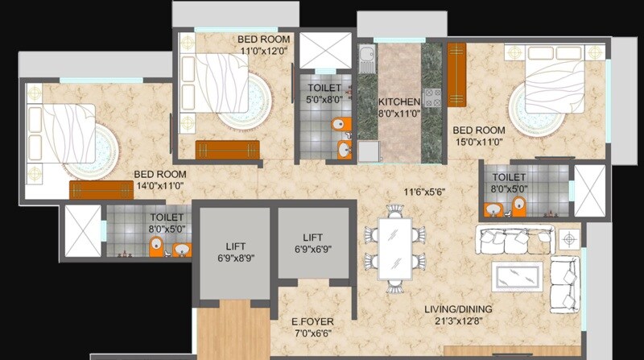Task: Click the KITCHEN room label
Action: pyautogui.click(x=399, y=102)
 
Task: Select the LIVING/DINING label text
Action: pyautogui.click(x=458, y=309)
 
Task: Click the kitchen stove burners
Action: pyautogui.click(x=433, y=97)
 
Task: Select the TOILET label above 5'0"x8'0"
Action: pyautogui.click(x=324, y=88)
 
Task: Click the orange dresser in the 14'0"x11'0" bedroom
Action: pyautogui.click(x=101, y=190)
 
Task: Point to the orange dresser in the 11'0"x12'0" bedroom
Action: pyautogui.click(x=227, y=150)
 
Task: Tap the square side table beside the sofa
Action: pyautogui.click(x=569, y=239)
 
